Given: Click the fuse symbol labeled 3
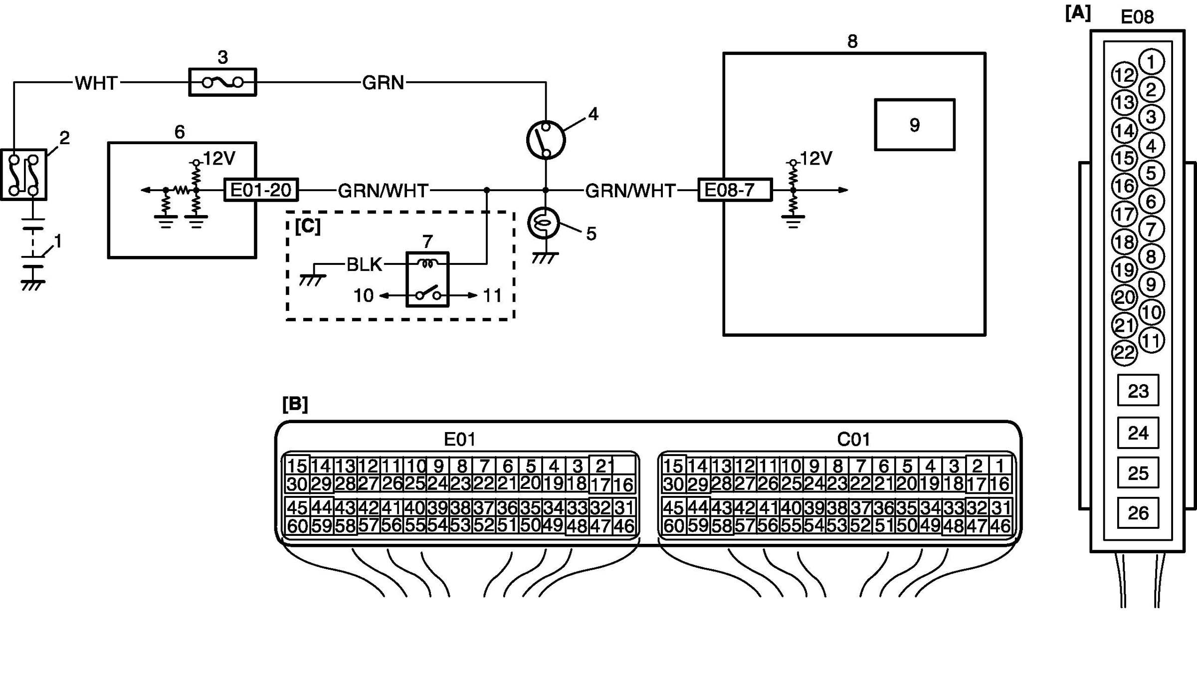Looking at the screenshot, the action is point(222,82).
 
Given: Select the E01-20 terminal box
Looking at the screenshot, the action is point(261,190).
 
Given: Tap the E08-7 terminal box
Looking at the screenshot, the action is point(735,190).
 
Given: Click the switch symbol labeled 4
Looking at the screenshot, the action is point(546,140).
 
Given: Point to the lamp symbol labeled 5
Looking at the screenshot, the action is point(544,223).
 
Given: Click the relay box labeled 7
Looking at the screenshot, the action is point(428,279).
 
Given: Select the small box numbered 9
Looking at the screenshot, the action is point(915,125).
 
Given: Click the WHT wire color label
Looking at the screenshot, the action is point(96,83).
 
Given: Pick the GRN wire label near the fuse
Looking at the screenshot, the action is point(383,82).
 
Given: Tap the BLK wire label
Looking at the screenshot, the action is point(365,264).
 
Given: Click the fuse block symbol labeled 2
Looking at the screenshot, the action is point(23,175).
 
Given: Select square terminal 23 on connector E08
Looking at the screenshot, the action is point(1138,391).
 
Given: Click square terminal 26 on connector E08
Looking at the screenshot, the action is point(1138,513).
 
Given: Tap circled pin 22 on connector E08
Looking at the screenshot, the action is point(1125,353).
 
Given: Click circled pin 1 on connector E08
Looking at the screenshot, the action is point(1151,62).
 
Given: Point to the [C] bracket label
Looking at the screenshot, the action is point(308,226).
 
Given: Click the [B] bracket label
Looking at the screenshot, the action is point(295,404).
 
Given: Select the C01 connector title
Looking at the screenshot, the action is point(853,440).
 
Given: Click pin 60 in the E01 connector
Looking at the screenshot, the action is point(297,526).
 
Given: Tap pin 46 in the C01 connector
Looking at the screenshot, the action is point(1000,526).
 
